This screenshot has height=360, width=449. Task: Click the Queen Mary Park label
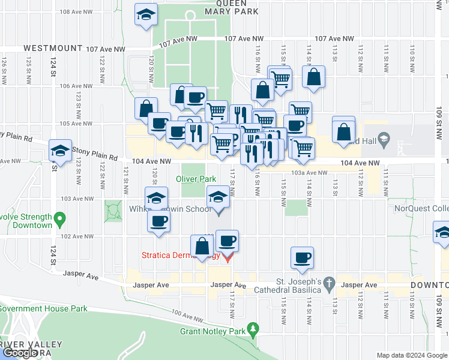point(231,7)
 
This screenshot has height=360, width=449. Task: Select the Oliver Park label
point(196,179)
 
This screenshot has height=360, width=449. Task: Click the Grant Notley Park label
point(213,331)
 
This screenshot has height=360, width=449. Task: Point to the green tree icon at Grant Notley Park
point(254,328)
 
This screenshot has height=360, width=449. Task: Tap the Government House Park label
point(43,309)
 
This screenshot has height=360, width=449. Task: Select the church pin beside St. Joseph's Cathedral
point(329,282)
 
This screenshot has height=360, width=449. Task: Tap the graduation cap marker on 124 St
point(60,152)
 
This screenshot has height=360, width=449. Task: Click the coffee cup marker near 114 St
point(301,259)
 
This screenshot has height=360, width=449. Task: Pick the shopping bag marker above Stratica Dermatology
point(202,246)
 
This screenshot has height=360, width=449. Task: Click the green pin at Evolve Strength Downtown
point(59,219)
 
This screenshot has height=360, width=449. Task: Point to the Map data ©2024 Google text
point(412,355)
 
